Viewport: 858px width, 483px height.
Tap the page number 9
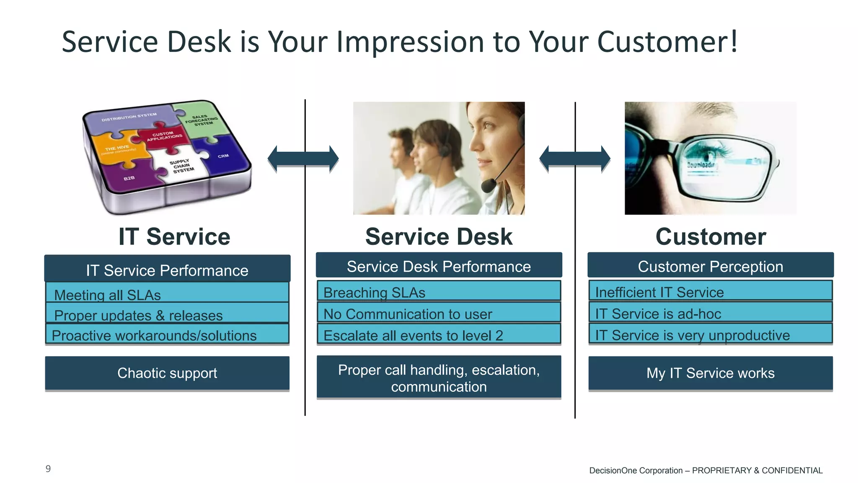[x=48, y=469]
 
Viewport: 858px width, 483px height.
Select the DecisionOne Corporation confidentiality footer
[x=706, y=470]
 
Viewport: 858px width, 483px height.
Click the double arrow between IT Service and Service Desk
[x=303, y=159]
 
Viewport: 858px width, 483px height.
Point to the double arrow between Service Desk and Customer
[x=574, y=159]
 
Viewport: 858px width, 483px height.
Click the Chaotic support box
[x=167, y=373]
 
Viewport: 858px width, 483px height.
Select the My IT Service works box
[x=710, y=373]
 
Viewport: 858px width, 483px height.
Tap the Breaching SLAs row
[x=439, y=292]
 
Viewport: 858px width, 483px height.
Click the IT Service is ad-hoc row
[x=710, y=313]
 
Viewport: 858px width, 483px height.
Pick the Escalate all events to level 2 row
[x=439, y=335]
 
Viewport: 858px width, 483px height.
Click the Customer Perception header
[x=710, y=266]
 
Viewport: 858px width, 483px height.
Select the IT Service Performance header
[x=167, y=270]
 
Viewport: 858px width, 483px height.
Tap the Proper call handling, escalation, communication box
[x=439, y=378]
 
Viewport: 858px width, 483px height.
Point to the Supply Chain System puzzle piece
[x=181, y=166]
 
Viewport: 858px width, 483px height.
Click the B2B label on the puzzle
[x=129, y=178]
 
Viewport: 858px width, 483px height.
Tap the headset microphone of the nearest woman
[x=488, y=185]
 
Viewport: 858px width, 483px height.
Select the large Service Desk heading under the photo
[x=439, y=236]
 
